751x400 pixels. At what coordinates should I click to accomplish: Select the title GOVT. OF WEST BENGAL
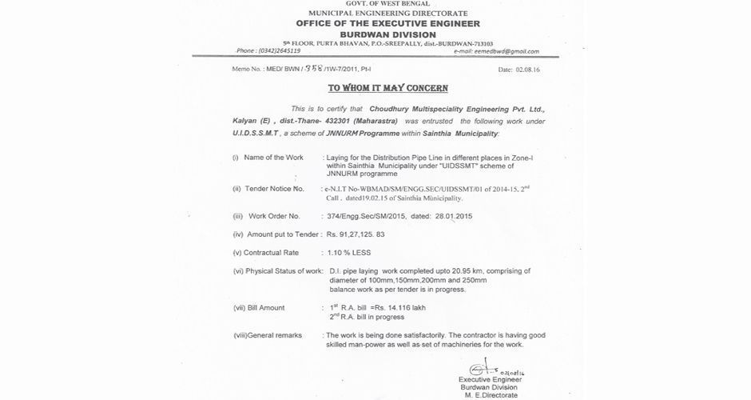[x=375, y=3]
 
